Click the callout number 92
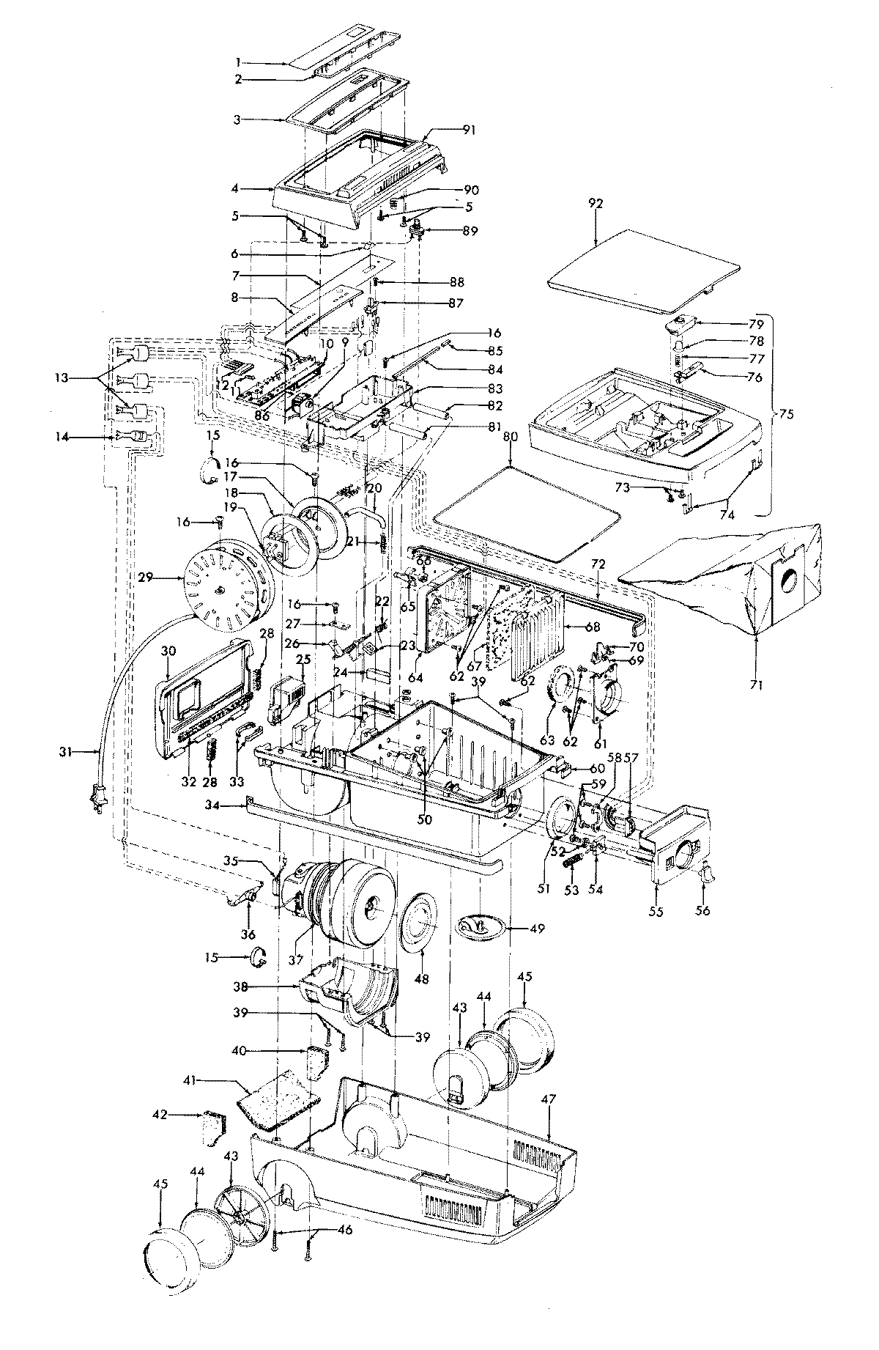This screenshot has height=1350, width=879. tap(595, 204)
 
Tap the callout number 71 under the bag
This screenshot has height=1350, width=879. tap(756, 685)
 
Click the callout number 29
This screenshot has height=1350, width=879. tap(145, 558)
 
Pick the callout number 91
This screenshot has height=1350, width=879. tap(470, 130)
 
